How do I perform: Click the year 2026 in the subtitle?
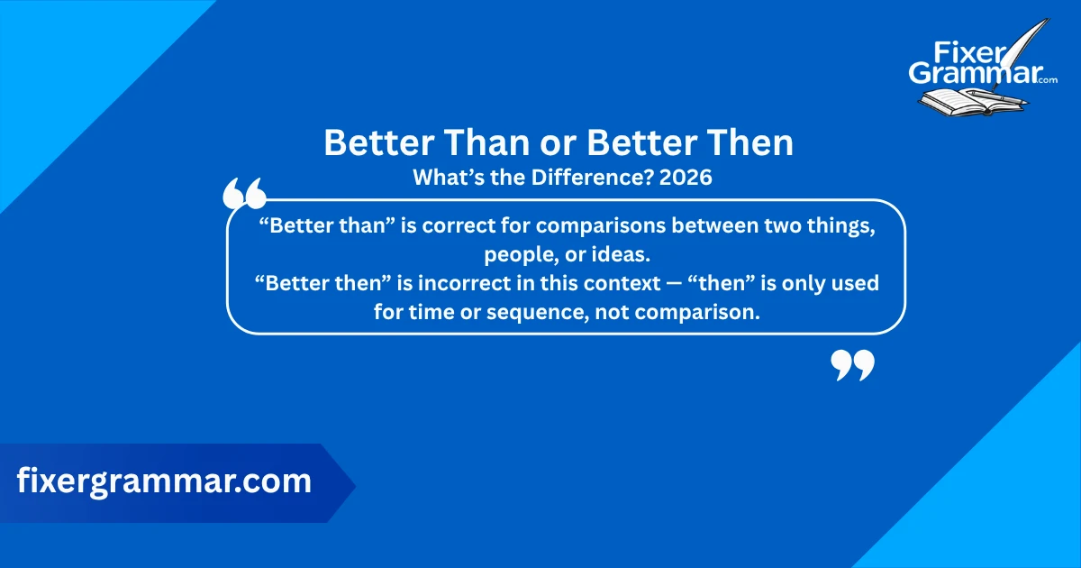tap(686, 178)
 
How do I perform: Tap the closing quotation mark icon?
tap(851, 365)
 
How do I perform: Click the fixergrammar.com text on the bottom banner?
tap(164, 481)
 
